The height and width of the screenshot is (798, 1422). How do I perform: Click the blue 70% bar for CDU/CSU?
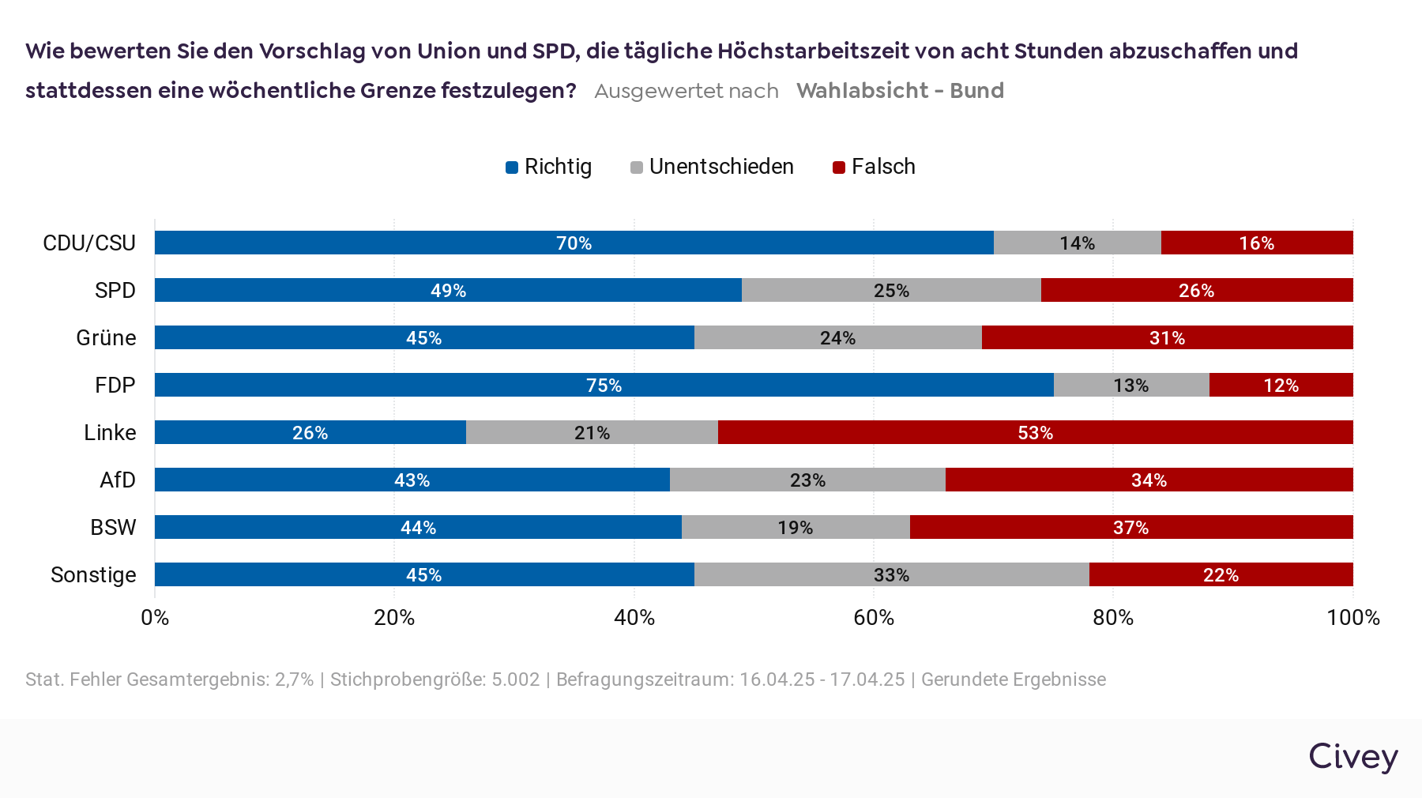[574, 243]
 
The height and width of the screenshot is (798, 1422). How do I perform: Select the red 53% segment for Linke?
[1035, 432]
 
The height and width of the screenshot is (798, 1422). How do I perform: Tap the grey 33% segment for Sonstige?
[891, 574]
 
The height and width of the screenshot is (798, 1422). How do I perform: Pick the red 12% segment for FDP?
[1281, 385]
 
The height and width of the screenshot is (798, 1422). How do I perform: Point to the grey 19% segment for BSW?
[796, 527]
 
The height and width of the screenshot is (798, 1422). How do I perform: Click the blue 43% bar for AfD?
[412, 480]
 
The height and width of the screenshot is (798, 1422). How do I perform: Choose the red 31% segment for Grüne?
[1167, 337]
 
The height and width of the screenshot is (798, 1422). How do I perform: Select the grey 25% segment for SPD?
[891, 290]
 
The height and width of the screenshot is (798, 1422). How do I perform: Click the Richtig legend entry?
[549, 167]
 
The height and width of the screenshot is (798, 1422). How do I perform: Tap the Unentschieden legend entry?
[712, 167]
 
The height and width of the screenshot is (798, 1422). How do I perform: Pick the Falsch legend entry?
[875, 167]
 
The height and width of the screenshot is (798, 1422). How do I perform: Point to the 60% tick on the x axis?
[874, 617]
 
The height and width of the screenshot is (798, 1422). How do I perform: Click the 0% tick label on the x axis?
[155, 617]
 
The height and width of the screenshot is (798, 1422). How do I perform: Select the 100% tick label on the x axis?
[1352, 617]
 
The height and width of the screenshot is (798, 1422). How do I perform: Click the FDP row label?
[115, 385]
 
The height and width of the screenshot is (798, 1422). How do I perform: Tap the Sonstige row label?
[93, 574]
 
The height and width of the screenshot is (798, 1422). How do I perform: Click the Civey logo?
[1352, 757]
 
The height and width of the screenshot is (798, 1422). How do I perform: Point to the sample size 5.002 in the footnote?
[515, 679]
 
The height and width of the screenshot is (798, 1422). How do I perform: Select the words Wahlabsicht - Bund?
[900, 91]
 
